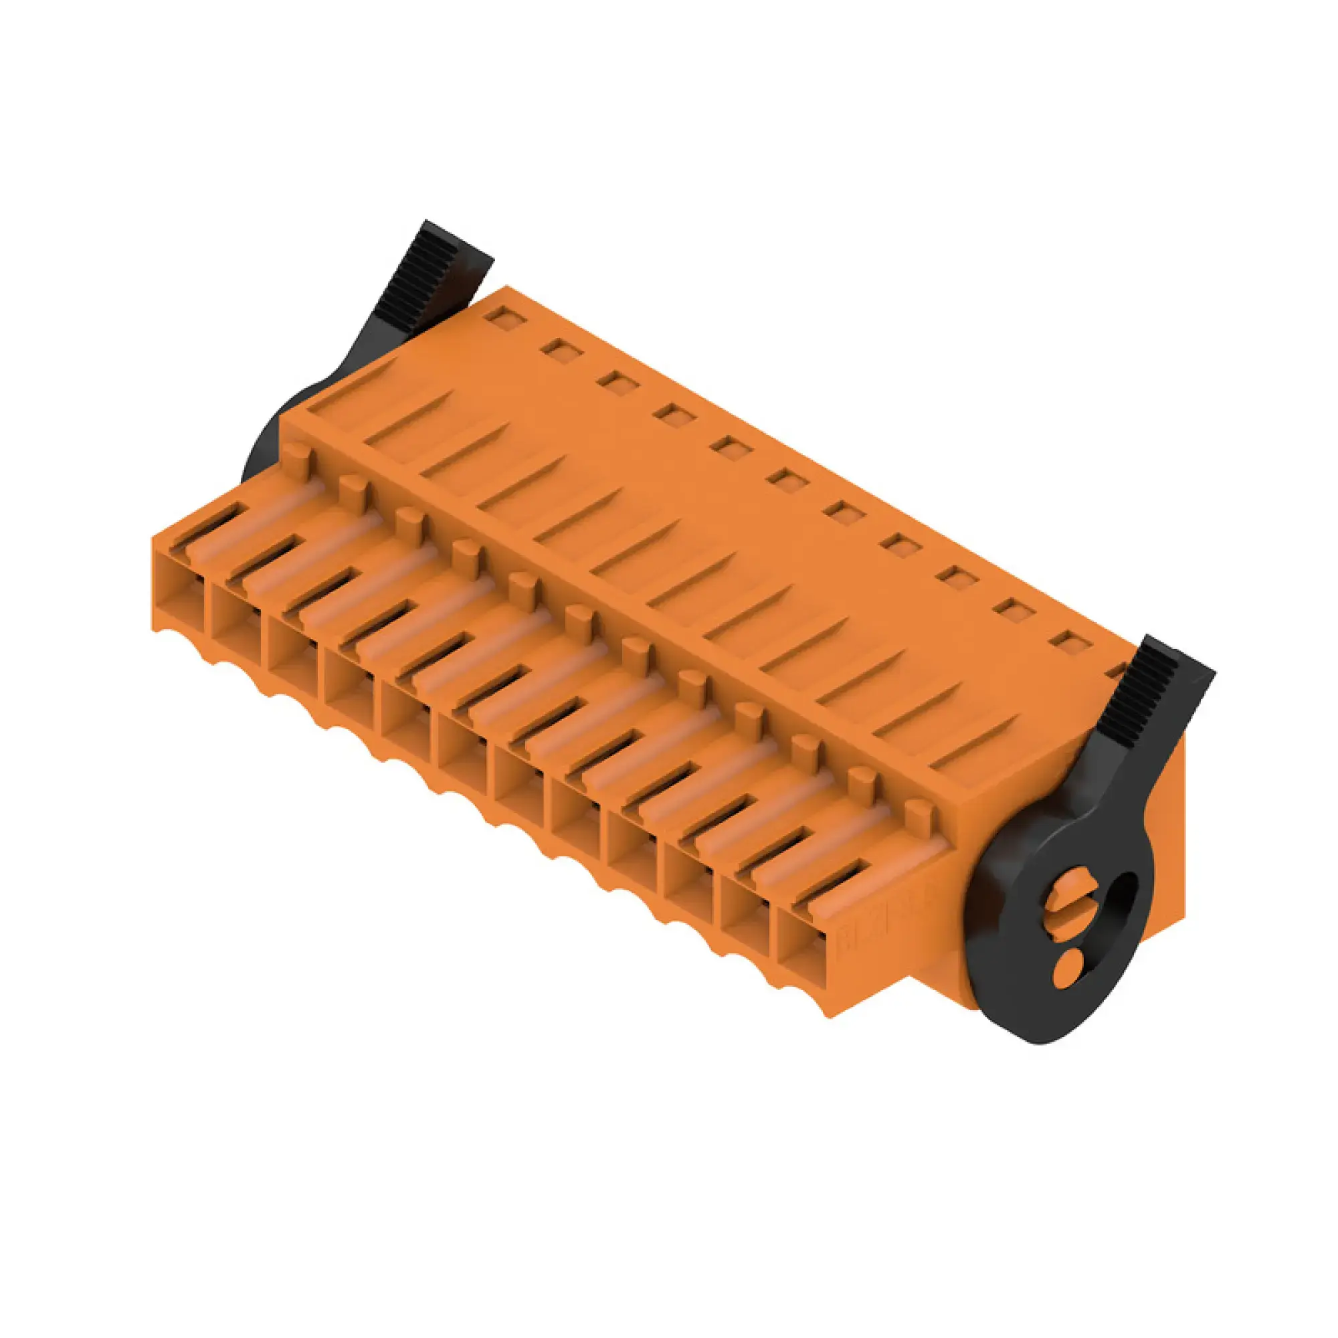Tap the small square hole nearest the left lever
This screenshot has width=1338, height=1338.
[x=504, y=317]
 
